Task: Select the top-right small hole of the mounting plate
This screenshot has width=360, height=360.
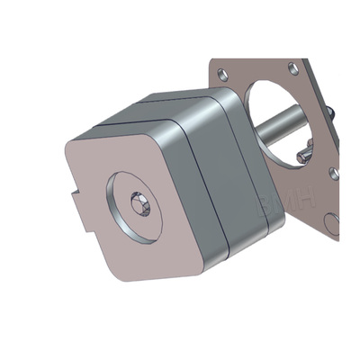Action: click(x=293, y=67)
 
